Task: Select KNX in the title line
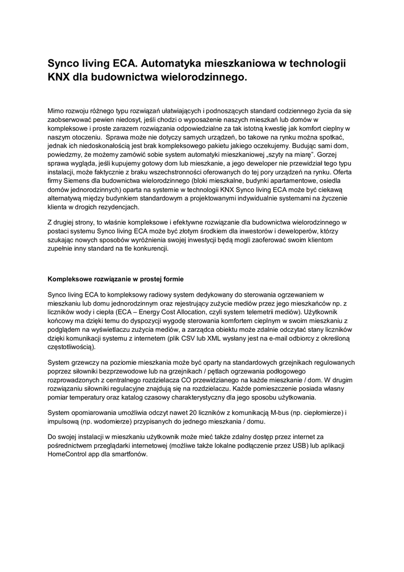click(59, 78)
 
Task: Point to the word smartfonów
click(129, 455)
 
